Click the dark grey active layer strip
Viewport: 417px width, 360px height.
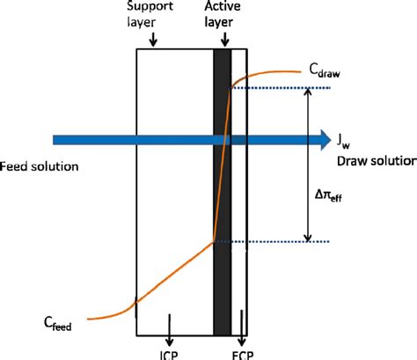tap(222, 264)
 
